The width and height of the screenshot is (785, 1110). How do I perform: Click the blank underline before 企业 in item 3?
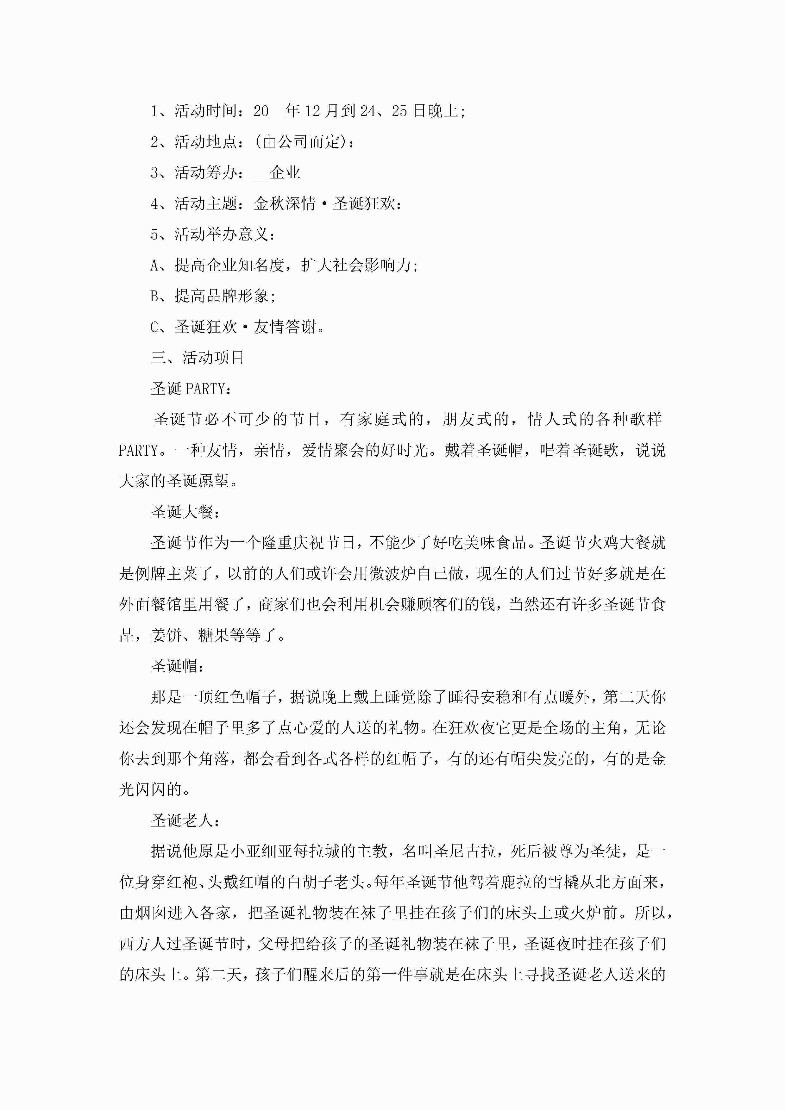click(261, 173)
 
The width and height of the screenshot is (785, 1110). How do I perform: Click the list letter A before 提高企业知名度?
click(155, 265)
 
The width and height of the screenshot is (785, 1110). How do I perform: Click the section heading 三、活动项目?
click(197, 358)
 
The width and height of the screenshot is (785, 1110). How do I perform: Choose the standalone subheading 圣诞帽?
click(178, 666)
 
